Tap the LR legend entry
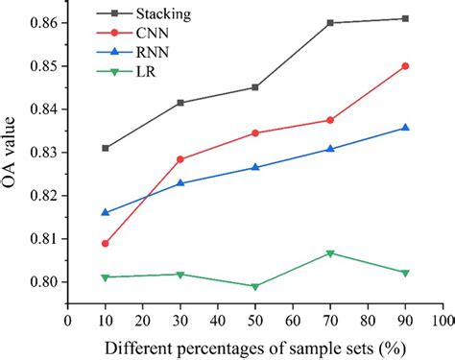(135, 70)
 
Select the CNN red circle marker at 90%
(405, 66)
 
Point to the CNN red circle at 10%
(105, 244)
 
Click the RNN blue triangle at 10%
(105, 212)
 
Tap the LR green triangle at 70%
(330, 253)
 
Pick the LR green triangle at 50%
(254, 287)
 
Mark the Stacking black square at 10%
(105, 148)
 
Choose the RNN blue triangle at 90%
(405, 128)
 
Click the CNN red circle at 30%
(180, 159)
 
